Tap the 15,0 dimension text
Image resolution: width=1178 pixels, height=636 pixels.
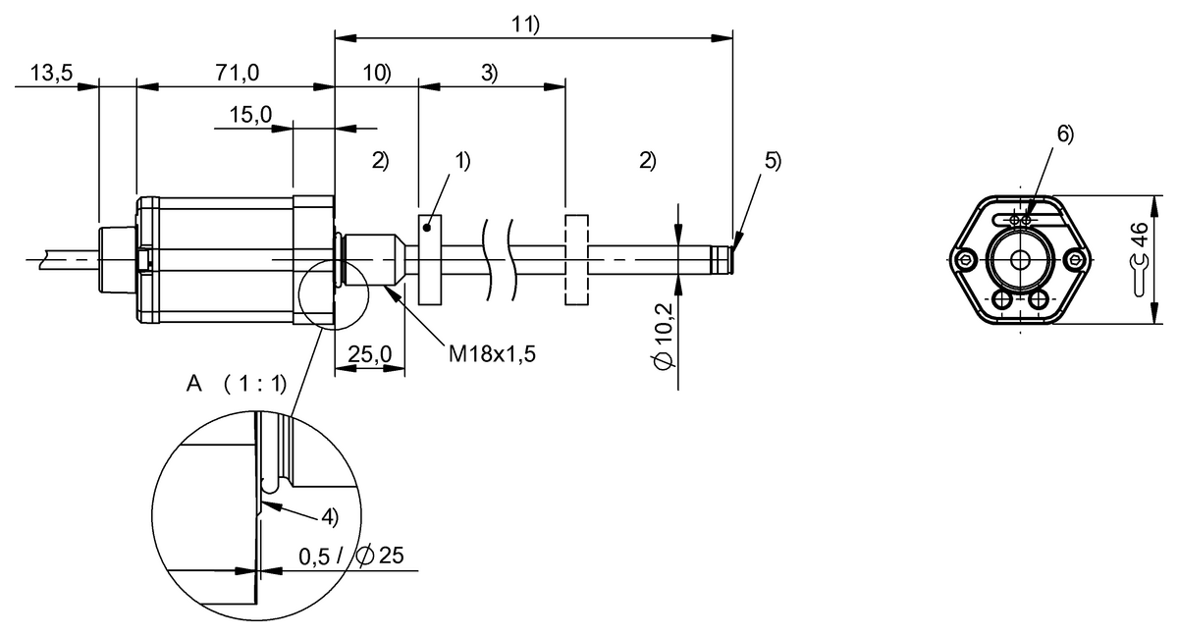point(250,116)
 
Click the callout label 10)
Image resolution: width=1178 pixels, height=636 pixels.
point(377,75)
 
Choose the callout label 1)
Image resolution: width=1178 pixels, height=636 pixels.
point(461,161)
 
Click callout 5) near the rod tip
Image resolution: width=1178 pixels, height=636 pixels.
point(773,161)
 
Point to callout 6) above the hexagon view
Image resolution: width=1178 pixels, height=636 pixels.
point(1064,133)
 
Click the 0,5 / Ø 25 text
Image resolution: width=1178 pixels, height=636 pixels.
point(348,556)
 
